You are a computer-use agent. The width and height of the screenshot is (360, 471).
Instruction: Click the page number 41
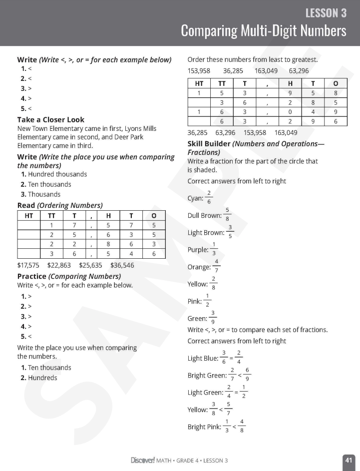[x=349, y=460]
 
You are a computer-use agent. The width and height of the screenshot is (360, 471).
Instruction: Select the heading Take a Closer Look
[x=50, y=120]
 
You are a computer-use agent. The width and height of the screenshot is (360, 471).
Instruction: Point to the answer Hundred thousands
[x=57, y=174]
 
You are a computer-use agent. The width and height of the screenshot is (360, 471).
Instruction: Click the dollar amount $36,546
[x=122, y=266]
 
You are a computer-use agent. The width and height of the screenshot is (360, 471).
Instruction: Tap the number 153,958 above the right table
[x=199, y=71]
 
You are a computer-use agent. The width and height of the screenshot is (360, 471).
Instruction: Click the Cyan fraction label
[x=195, y=198]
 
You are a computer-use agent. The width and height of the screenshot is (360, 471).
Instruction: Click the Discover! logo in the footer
[x=142, y=460]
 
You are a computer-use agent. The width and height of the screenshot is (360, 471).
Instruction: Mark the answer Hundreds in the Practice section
[x=42, y=378]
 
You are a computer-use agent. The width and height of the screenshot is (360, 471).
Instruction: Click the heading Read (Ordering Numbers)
[x=60, y=205]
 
